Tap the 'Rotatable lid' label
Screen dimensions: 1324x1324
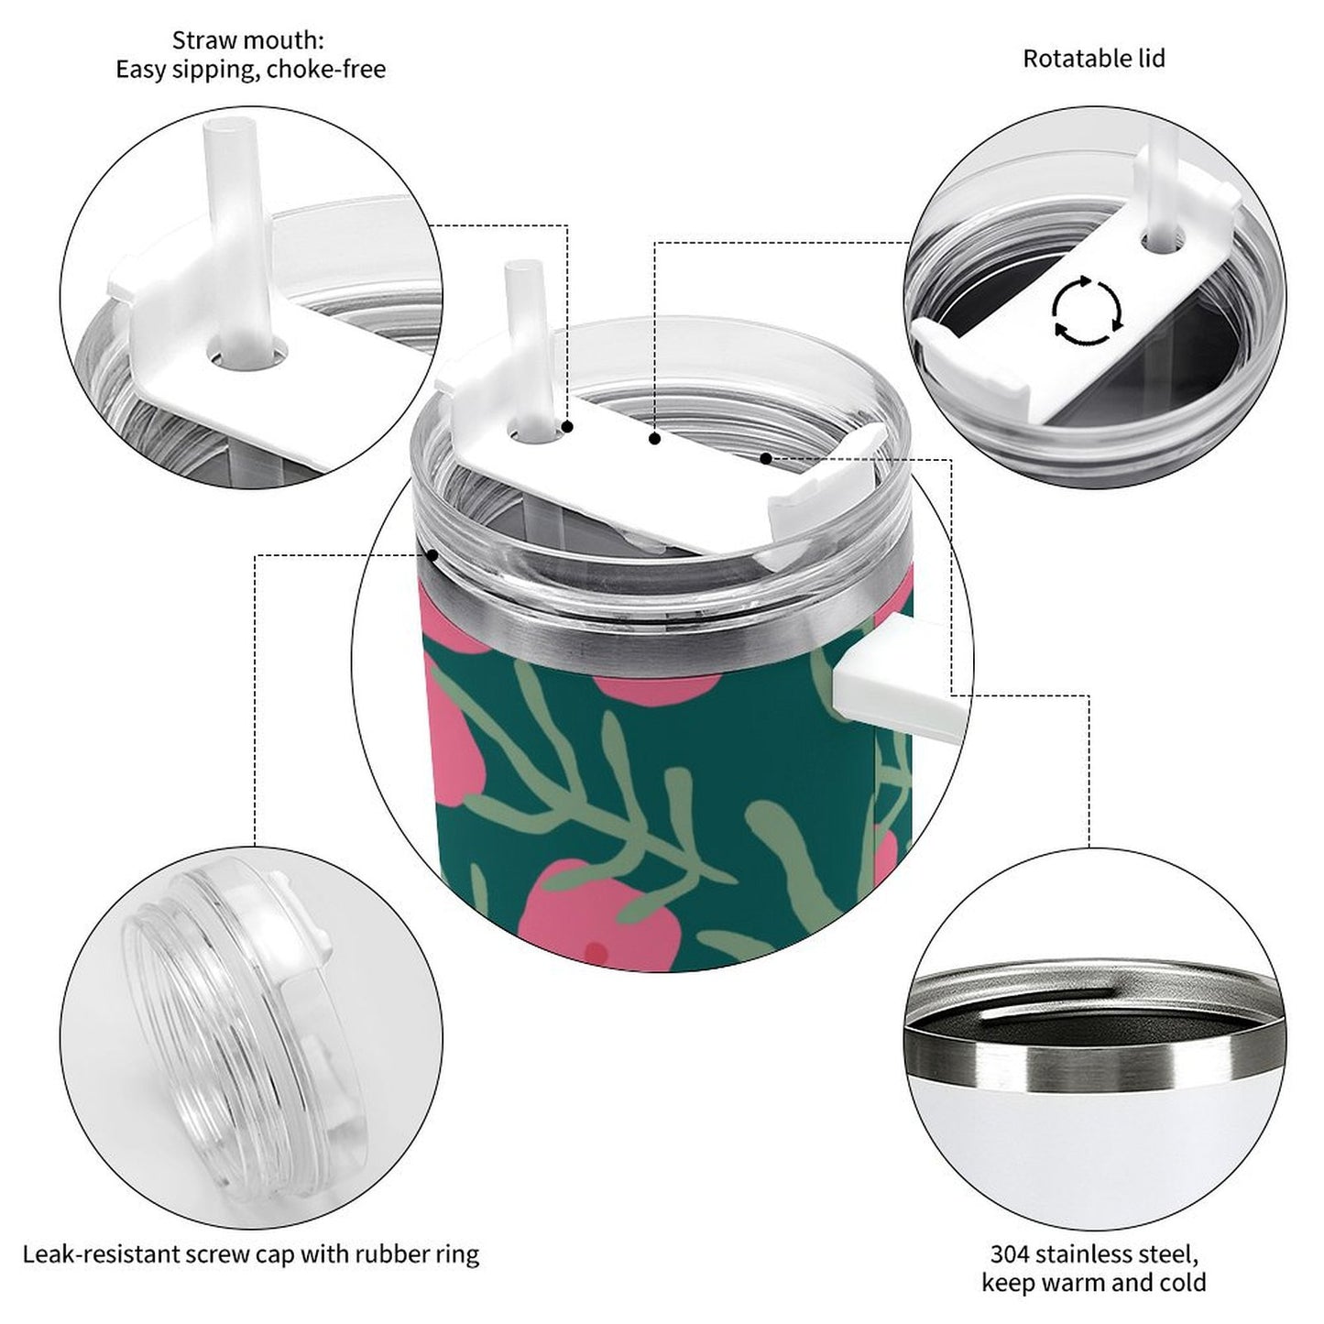1093,59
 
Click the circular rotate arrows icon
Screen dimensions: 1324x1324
1087,310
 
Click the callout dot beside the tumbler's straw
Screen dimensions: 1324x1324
568,427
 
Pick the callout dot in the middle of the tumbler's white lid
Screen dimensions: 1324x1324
654,439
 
